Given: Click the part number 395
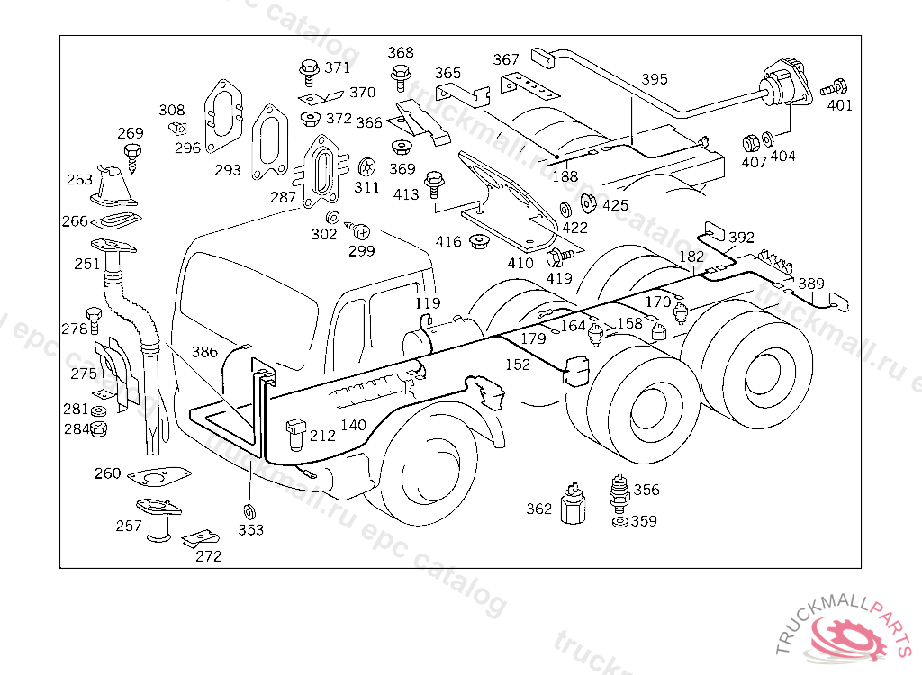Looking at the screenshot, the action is coord(655,79).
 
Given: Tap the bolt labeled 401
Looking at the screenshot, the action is coord(834,88).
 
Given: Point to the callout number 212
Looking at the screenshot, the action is coord(322,435).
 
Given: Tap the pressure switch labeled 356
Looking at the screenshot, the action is coord(619,493).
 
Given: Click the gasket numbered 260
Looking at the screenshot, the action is coord(158,476).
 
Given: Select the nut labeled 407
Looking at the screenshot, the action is coord(751,143).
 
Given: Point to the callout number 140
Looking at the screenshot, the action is coord(353,425).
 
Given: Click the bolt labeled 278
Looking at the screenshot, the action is coord(94,319).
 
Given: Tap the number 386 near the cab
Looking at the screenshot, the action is coord(204,352).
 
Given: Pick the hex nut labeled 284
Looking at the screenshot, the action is coord(99,428).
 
